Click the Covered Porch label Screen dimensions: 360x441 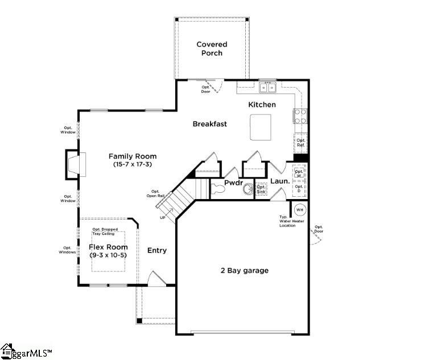(x=212, y=48)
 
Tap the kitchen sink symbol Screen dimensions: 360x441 (x=267, y=87)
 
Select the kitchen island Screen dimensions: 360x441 (x=260, y=126)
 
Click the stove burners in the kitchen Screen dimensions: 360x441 (x=300, y=116)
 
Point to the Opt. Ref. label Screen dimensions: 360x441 (x=300, y=142)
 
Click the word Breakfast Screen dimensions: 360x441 (x=209, y=124)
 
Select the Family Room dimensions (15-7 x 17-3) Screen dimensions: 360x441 (x=132, y=164)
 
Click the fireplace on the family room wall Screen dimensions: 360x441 (x=74, y=164)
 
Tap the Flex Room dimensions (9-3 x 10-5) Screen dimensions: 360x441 (x=108, y=255)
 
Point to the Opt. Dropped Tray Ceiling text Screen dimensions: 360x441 (x=105, y=231)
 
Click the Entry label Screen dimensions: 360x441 (x=157, y=250)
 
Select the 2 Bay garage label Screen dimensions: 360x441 (x=244, y=271)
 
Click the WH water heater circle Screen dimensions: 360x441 (x=299, y=210)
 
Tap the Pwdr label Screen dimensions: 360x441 (x=234, y=183)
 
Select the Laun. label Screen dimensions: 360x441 (x=280, y=181)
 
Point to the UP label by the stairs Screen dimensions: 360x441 (x=163, y=218)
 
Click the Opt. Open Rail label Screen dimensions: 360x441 (x=155, y=194)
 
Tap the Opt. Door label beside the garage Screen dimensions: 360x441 (x=319, y=229)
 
